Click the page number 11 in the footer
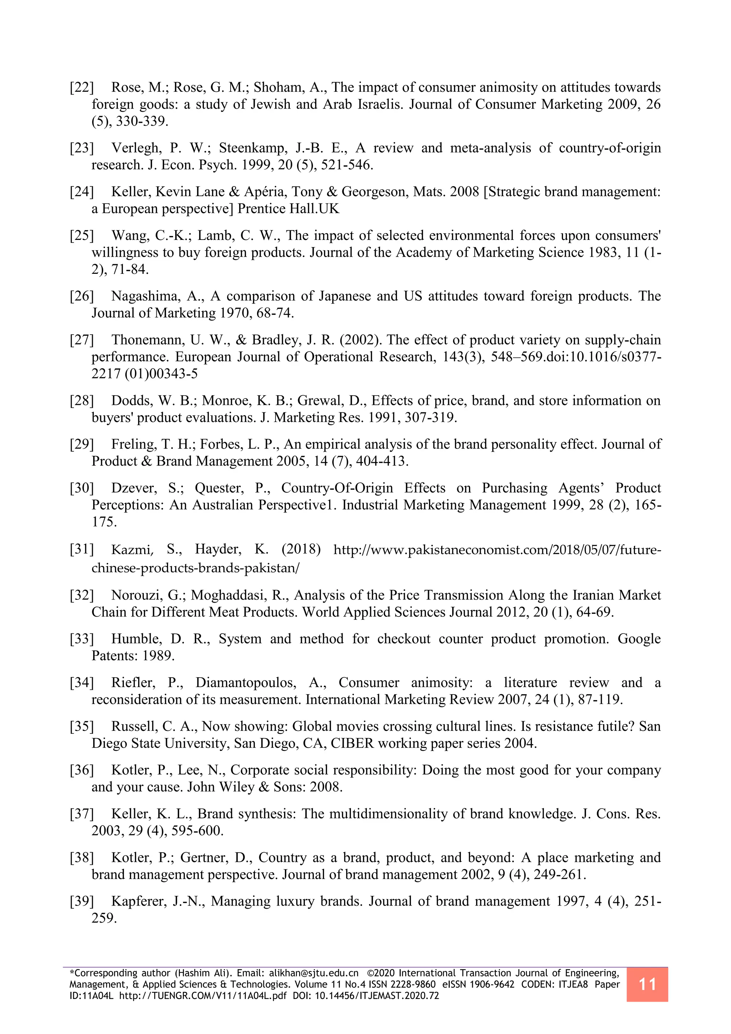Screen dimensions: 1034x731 point(647,984)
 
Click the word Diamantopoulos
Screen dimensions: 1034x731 point(246,683)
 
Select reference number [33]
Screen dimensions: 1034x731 point(81,639)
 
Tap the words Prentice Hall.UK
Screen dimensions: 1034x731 point(288,209)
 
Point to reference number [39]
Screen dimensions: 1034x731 point(81,901)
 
